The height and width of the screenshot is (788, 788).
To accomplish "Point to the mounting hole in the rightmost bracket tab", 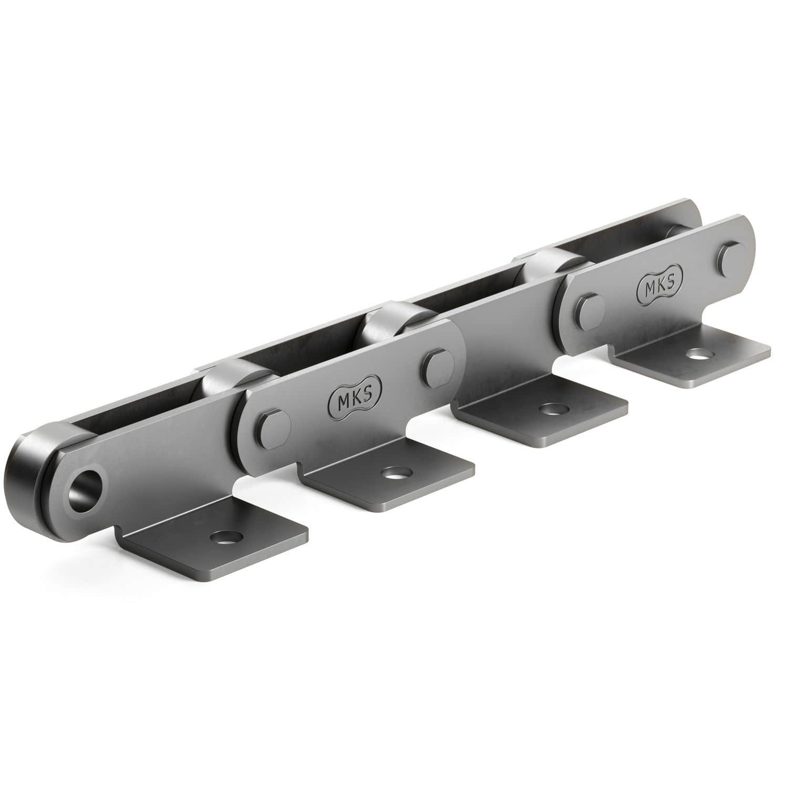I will click(698, 355).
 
